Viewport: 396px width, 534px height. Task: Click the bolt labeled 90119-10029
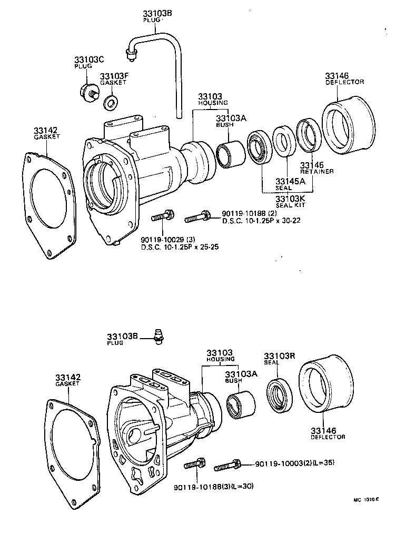pos(161,216)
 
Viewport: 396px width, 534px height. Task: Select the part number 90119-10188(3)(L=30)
pos(213,486)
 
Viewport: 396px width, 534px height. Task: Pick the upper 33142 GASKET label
pos(46,132)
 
